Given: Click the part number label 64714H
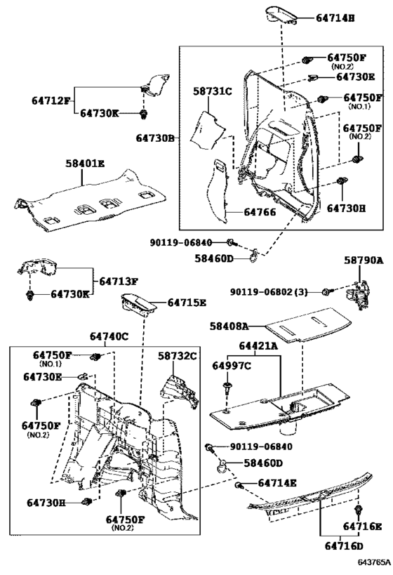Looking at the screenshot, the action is pos(335,18).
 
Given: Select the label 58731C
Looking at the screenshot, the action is pos(213,91).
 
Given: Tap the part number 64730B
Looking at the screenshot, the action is pos(155,138).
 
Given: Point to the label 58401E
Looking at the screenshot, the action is pos(85,163).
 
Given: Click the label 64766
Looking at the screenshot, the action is pos(260,212).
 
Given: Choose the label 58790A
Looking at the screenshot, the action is pos(364,260).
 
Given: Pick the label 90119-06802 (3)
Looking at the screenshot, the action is pos(269,292).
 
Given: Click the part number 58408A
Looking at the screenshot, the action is pos(229,326).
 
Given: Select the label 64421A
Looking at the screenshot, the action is pos(258,346).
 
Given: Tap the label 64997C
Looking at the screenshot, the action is pos(232,366).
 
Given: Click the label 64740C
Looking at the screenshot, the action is pos(109,336).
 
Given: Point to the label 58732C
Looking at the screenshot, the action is pos(178,356).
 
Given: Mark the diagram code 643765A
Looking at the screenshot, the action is pos(372,562).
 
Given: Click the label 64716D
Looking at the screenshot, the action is pos(344,546).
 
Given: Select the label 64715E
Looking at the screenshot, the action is pos(187,303).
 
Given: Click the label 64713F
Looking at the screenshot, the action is pos(119,282).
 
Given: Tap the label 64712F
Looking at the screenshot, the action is pos(51,100).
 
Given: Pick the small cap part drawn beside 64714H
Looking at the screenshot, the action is pos(281,15).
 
